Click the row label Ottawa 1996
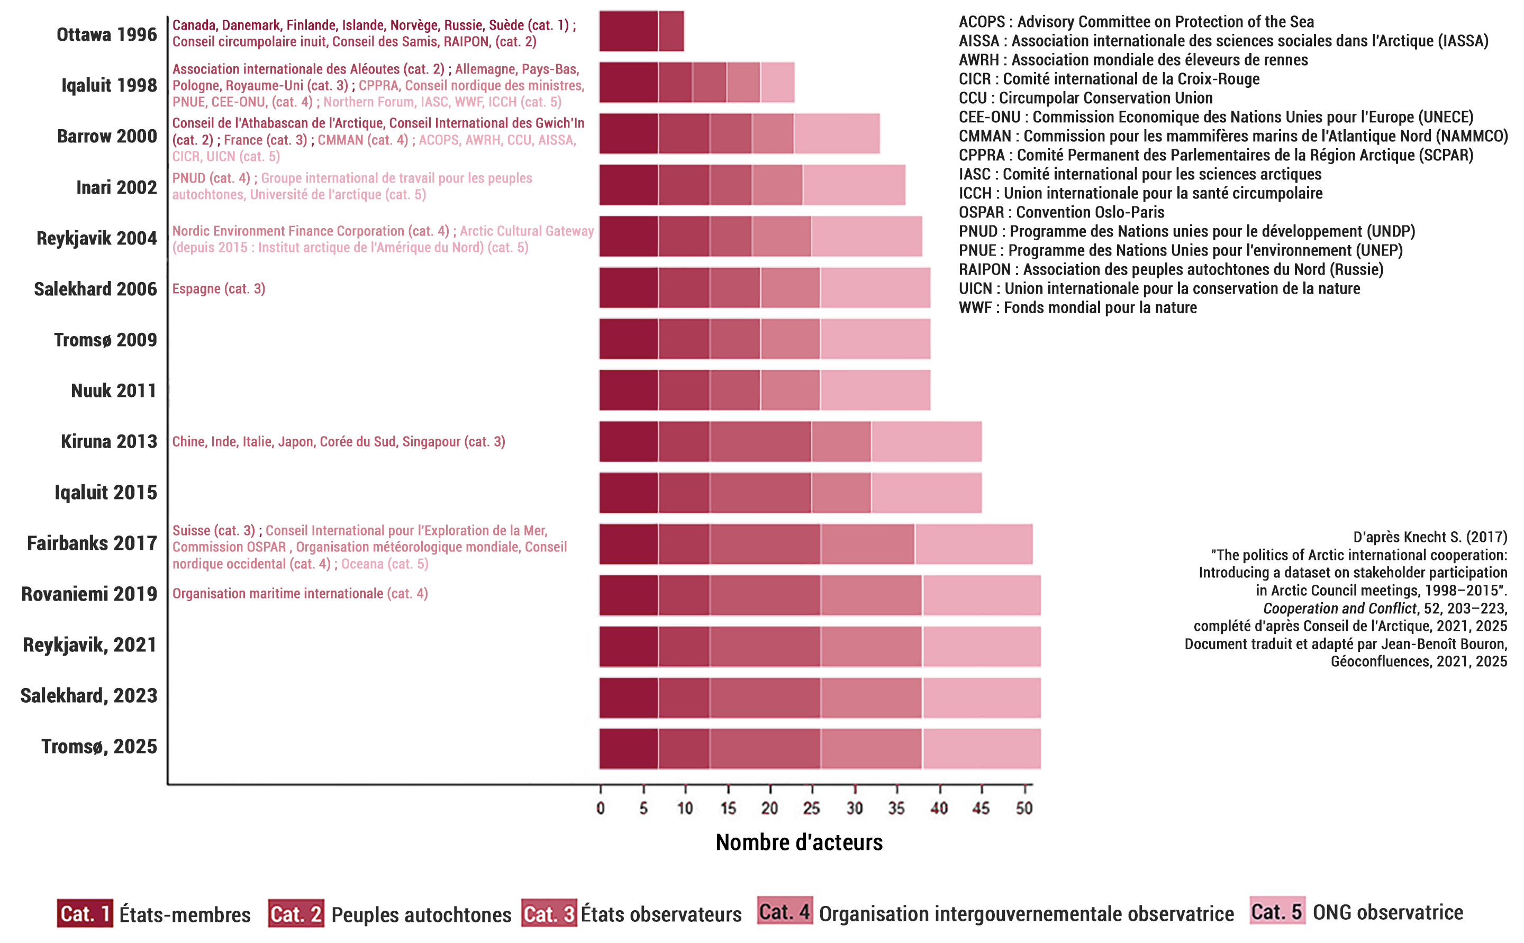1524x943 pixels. pyautogui.click(x=107, y=34)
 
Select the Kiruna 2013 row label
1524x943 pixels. pyautogui.click(x=108, y=441)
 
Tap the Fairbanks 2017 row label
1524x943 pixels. pyautogui.click(x=92, y=543)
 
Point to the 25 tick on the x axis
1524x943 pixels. pyautogui.click(x=811, y=808)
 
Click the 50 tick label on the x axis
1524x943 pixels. pyautogui.click(x=1024, y=808)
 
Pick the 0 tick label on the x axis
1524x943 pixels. pyautogui.click(x=600, y=808)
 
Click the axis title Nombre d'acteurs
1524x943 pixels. pyautogui.click(x=799, y=842)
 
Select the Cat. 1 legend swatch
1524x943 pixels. pyautogui.click(x=85, y=914)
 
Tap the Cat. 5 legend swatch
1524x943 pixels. pyautogui.click(x=1277, y=912)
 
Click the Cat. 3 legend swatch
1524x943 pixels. pyautogui.click(x=549, y=914)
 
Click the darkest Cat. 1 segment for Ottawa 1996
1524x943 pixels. pyautogui.click(x=629, y=31)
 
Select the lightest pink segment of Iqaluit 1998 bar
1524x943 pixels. pyautogui.click(x=777, y=83)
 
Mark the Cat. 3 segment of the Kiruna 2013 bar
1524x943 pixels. pyautogui.click(x=760, y=441)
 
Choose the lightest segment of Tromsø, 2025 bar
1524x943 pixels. pyautogui.click(x=981, y=748)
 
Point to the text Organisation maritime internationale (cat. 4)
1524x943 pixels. pyautogui.click(x=300, y=594)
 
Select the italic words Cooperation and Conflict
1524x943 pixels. pyautogui.click(x=1339, y=609)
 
